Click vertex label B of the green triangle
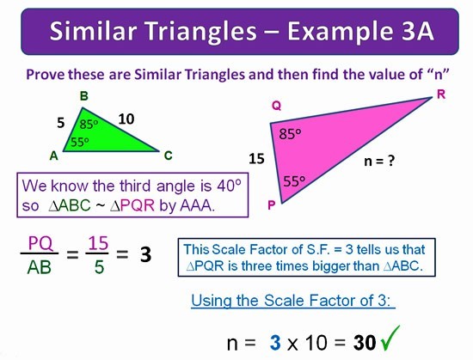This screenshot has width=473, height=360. click(84, 96)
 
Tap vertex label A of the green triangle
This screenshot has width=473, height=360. click(53, 156)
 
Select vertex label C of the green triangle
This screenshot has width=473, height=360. click(168, 156)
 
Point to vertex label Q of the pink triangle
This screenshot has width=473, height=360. click(277, 106)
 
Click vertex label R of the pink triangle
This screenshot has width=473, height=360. click(441, 95)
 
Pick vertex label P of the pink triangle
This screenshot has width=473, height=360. click(272, 205)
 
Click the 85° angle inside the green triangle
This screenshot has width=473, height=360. click(89, 124)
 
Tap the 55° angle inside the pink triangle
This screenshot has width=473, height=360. click(294, 181)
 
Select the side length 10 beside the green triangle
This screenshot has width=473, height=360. click(126, 119)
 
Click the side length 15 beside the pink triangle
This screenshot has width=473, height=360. click(257, 158)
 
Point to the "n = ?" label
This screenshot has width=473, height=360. click(379, 161)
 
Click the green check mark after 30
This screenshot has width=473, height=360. click(390, 338)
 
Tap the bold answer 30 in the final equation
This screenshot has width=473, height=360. click(365, 343)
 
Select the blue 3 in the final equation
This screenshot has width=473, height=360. click(275, 343)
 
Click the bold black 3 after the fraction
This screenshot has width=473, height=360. click(145, 254)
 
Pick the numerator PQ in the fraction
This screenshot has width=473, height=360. click(40, 243)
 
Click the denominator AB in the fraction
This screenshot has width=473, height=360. click(40, 267)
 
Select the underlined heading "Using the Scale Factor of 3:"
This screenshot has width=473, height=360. click(293, 301)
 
